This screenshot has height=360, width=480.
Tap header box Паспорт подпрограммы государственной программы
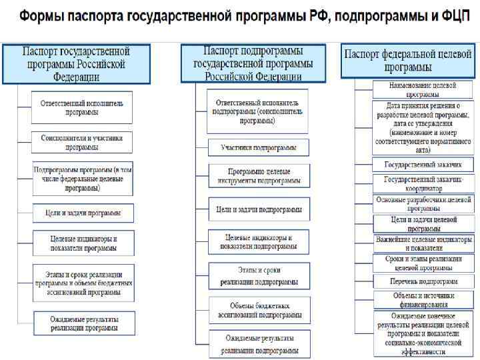coord(253,63)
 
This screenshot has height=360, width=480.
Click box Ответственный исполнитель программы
coord(82,107)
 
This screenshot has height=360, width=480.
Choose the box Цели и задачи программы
coord(82,213)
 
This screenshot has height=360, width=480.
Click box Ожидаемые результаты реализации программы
coord(82,323)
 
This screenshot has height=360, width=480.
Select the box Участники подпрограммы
coord(259,147)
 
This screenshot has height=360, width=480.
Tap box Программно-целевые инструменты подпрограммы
coord(259,176)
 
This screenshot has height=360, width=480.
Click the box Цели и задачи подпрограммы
coord(259,209)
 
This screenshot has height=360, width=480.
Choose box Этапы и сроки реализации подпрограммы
coord(259,275)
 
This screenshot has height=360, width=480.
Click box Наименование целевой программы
coord(423,89)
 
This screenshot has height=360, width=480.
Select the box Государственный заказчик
coord(423,165)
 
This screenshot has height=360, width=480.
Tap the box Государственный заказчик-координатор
coord(423,183)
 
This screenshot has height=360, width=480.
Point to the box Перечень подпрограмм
coord(423,281)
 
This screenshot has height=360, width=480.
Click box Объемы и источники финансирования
coord(423,299)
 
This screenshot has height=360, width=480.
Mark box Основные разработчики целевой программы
coord(423,203)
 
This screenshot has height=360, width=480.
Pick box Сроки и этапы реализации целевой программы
coord(423,263)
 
